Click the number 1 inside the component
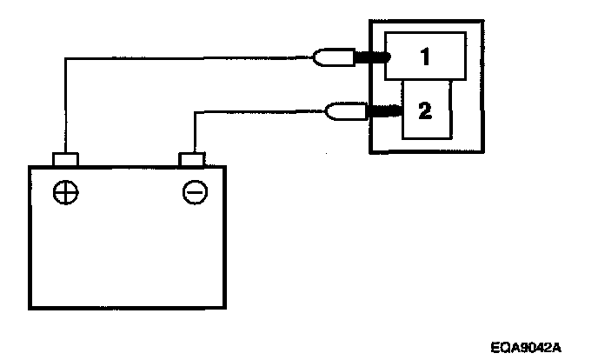point(426,57)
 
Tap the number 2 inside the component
point(425,110)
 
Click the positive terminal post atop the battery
point(65,159)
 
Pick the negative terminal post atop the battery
point(192,159)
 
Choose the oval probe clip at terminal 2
point(339,110)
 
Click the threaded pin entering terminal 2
point(382,110)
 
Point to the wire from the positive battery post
point(174,58)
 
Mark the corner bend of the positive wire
point(65,59)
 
